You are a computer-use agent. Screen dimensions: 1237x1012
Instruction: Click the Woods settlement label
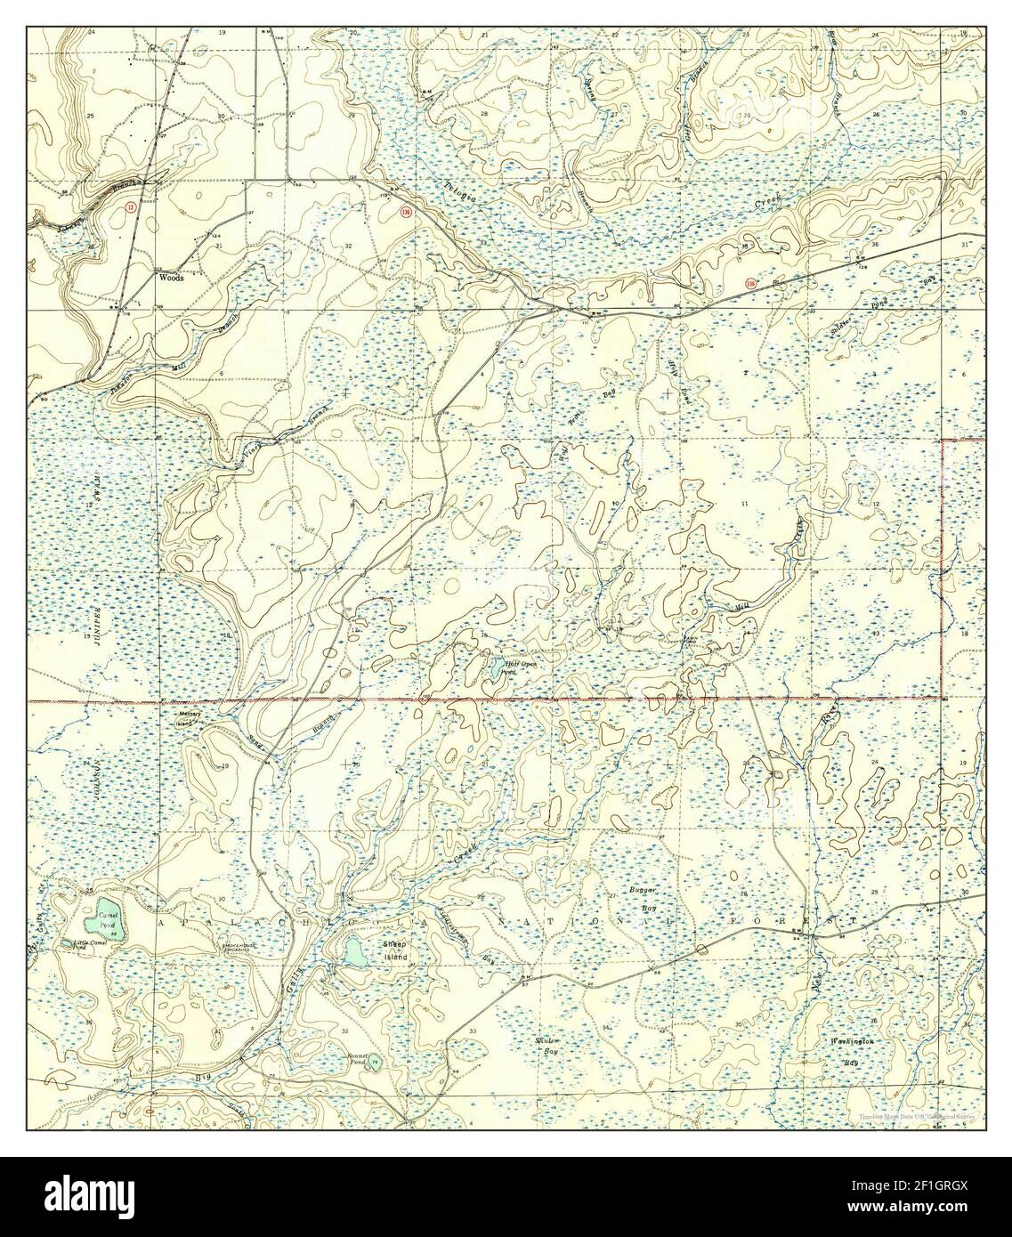coord(171,278)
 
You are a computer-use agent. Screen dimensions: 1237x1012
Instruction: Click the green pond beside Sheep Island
coord(352,951)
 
